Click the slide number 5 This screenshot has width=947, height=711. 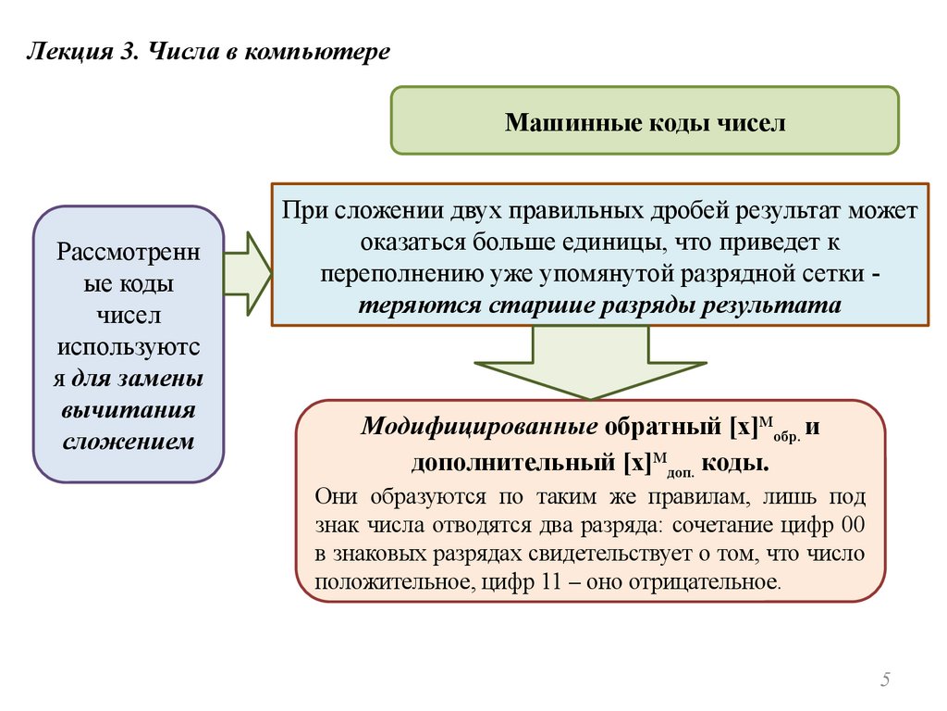click(885, 680)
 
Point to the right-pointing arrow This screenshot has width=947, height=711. click(247, 274)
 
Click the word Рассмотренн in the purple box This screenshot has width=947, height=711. click(128, 252)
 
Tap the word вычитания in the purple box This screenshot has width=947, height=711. click(128, 410)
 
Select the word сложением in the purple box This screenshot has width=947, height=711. click(128, 442)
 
